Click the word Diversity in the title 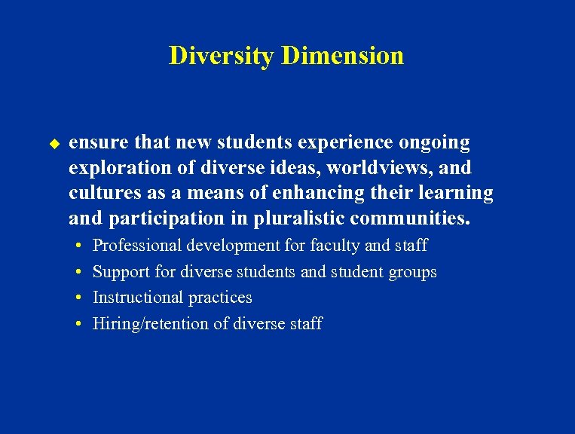(x=222, y=56)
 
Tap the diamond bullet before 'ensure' (x=54, y=142)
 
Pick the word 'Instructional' (x=136, y=298)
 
